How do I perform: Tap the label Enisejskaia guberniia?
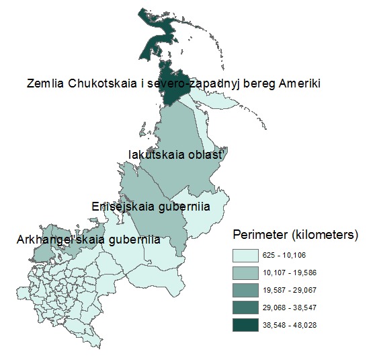click(151, 207)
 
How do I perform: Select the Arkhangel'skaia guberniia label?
click(88, 240)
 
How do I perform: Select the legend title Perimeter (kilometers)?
click(296, 235)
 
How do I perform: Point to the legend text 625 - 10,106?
click(294, 256)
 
